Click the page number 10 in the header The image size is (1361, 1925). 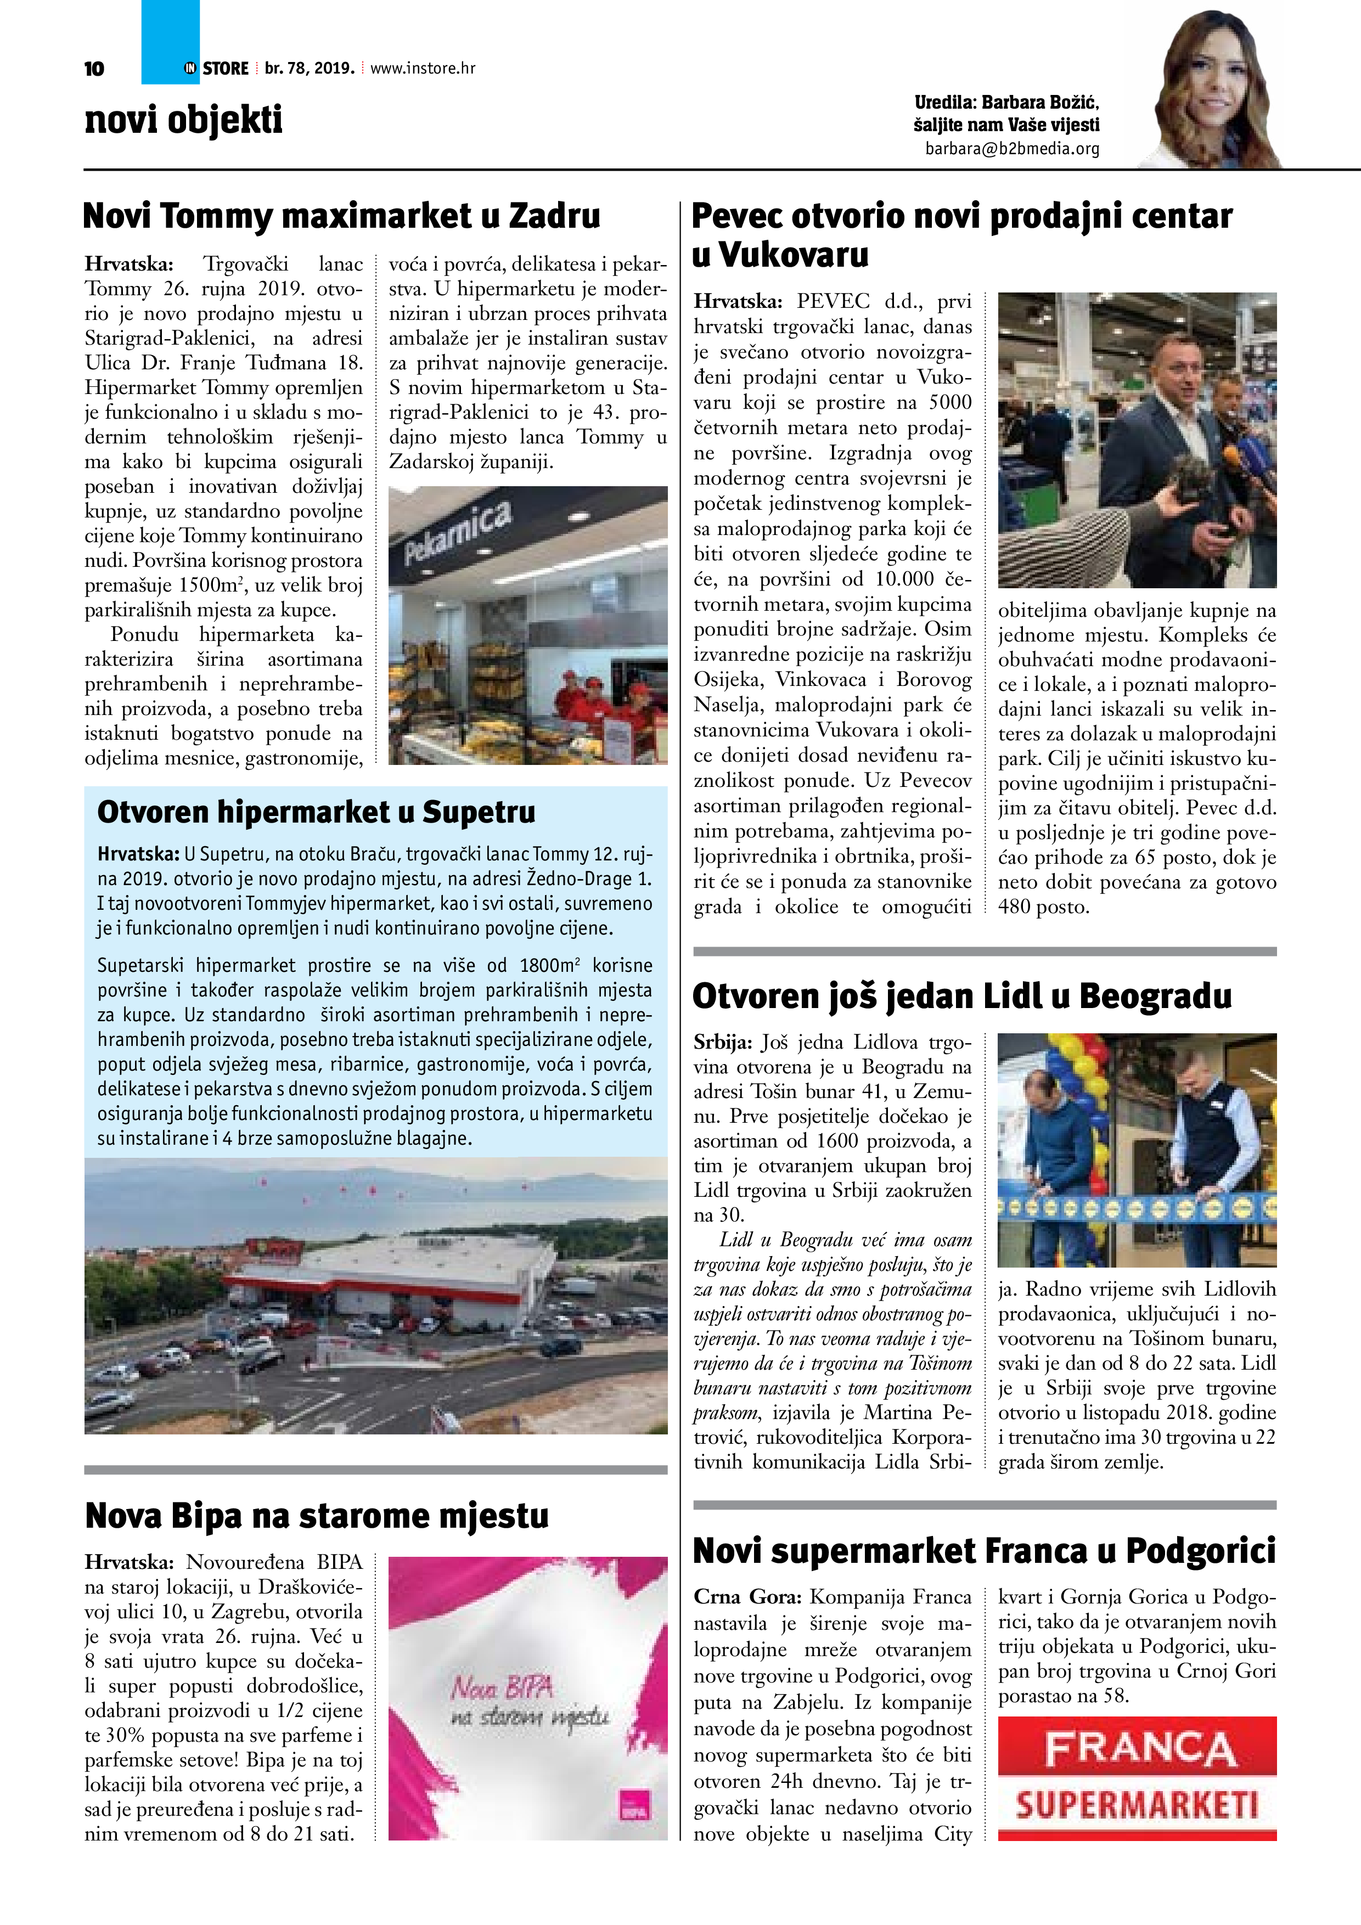point(94,69)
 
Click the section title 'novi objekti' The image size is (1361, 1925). point(184,120)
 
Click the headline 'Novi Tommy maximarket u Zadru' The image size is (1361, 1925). point(341,216)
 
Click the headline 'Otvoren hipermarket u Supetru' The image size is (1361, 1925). point(316,812)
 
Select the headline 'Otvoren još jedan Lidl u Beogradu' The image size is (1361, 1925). point(962,996)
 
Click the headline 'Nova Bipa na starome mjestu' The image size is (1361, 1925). point(317,1516)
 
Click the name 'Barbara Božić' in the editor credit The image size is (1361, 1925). point(1040,102)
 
